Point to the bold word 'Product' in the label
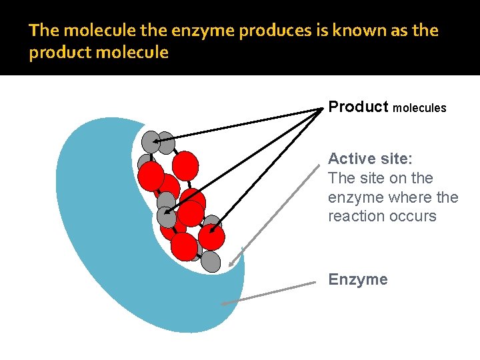358,107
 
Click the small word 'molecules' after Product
419,108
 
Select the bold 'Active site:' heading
370,159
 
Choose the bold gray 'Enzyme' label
357,279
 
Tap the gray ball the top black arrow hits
152,141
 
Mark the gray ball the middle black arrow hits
167,216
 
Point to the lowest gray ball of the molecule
210,261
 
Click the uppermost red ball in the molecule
185,165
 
